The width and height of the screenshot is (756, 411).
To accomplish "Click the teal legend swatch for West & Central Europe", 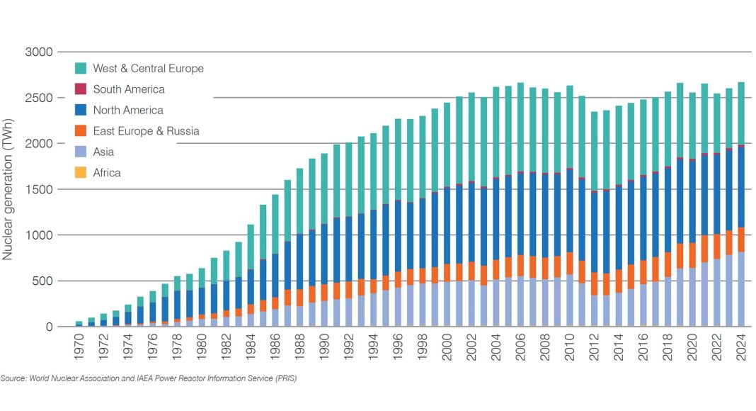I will tap(81, 69).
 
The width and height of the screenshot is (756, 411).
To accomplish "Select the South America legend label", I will tap(129, 89).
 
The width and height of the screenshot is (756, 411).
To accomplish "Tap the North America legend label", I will tap(128, 110).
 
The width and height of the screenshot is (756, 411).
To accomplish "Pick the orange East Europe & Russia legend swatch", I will tap(81, 131).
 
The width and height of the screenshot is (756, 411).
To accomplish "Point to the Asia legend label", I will tap(103, 152).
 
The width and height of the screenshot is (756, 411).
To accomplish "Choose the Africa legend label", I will tap(107, 172).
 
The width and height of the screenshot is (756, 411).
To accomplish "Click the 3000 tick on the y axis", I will tap(40, 52).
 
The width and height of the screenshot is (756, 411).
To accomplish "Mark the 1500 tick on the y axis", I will tap(40, 190).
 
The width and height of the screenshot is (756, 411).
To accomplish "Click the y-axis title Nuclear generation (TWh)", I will tap(8, 188).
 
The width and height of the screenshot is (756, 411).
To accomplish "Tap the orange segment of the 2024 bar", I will tap(740, 240).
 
